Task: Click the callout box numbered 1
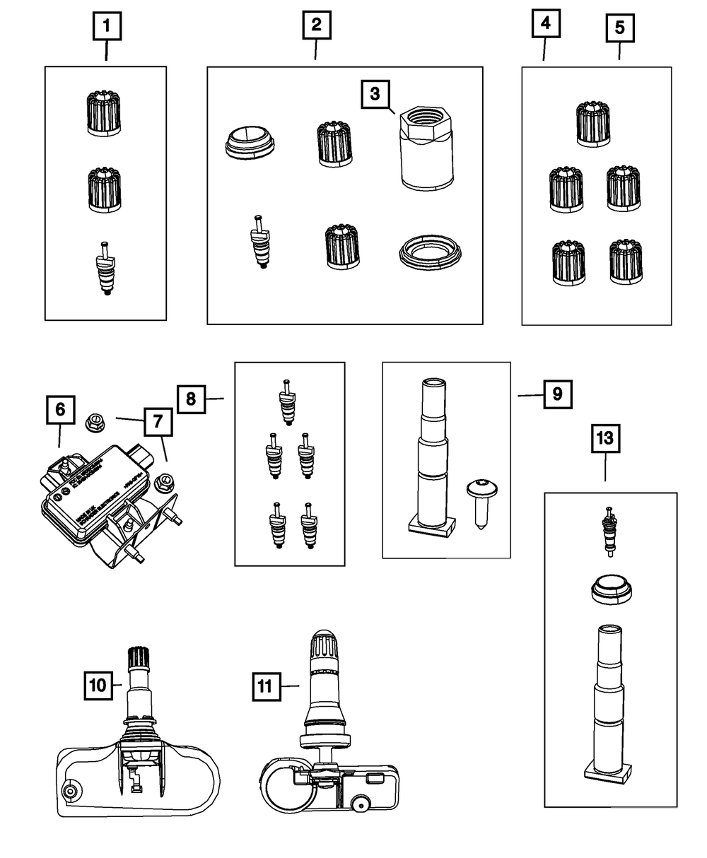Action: (107, 28)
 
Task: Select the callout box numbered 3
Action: (375, 93)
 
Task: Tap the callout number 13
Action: (604, 439)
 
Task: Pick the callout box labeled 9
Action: (558, 394)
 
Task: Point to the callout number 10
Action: (98, 685)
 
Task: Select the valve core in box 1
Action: (105, 269)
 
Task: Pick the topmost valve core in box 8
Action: (286, 402)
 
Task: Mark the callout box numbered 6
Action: (60, 409)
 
